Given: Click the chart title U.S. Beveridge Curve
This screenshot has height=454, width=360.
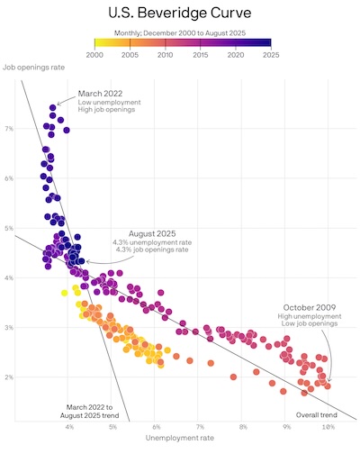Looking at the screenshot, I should pyautogui.click(x=180, y=14).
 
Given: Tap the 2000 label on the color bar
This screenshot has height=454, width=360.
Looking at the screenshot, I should pyautogui.click(x=94, y=55).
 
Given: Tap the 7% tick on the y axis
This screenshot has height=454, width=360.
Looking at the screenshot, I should pyautogui.click(x=9, y=129).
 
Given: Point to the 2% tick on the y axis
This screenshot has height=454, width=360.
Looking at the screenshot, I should pyautogui.click(x=9, y=377).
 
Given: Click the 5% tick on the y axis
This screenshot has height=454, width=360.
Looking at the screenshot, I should pyautogui.click(x=9, y=228).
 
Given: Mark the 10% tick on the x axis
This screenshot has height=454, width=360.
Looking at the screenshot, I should pyautogui.click(x=328, y=426).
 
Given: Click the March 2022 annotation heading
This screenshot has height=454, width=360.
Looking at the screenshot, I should pyautogui.click(x=101, y=93).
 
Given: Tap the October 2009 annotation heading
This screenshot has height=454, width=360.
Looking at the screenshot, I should pyautogui.click(x=310, y=308).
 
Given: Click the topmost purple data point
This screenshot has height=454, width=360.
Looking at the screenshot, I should pyautogui.click(x=53, y=107).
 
